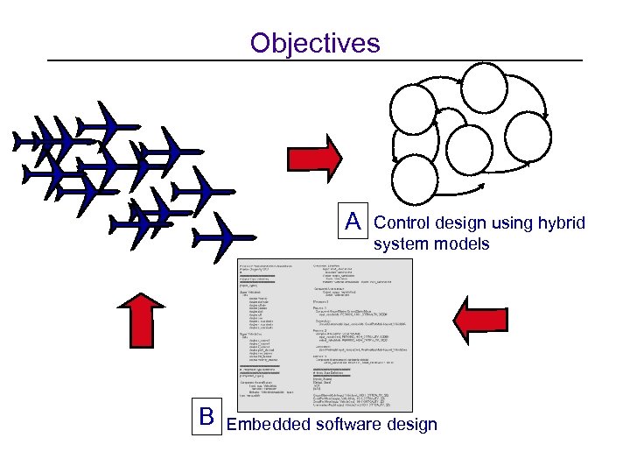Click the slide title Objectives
point(315,42)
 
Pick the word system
point(400,244)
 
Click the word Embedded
point(268,425)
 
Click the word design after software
point(414,425)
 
